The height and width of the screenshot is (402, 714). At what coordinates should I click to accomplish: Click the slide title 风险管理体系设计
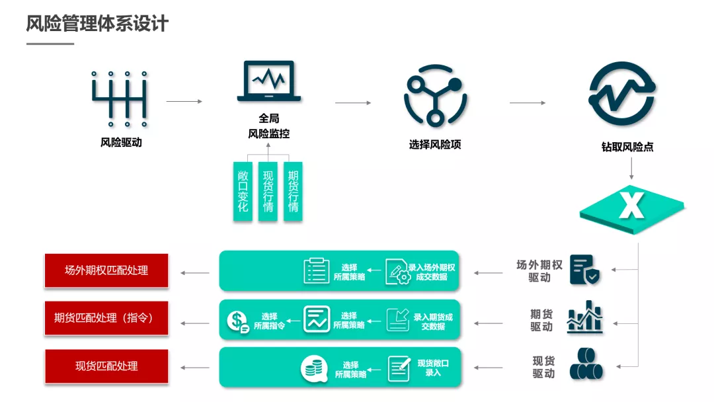[x=97, y=24]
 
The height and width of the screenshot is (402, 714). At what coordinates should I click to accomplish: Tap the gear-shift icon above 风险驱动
[x=120, y=99]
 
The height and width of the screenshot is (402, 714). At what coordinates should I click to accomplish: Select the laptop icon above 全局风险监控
[x=268, y=81]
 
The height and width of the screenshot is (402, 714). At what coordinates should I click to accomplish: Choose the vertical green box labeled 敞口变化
[x=243, y=191]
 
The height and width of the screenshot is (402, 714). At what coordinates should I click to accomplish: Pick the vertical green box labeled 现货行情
[x=268, y=191]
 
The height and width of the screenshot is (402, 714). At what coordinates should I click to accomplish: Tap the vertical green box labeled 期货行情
[x=293, y=191]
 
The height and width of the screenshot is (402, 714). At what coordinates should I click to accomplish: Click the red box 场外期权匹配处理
[x=106, y=270]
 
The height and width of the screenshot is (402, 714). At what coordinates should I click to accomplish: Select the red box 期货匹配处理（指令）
[x=106, y=318]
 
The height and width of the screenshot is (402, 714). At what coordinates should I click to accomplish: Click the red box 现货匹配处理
[x=106, y=366]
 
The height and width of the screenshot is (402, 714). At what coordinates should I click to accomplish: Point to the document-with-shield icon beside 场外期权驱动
[x=585, y=270]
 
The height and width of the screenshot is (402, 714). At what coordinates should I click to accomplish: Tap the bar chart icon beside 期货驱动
[x=585, y=317]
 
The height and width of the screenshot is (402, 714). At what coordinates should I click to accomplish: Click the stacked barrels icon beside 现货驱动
[x=585, y=365]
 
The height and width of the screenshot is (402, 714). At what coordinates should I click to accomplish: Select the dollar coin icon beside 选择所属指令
[x=237, y=321]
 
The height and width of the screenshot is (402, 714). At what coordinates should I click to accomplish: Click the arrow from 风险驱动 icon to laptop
[x=184, y=102]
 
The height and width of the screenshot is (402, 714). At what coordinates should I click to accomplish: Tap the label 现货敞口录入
[x=433, y=368]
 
